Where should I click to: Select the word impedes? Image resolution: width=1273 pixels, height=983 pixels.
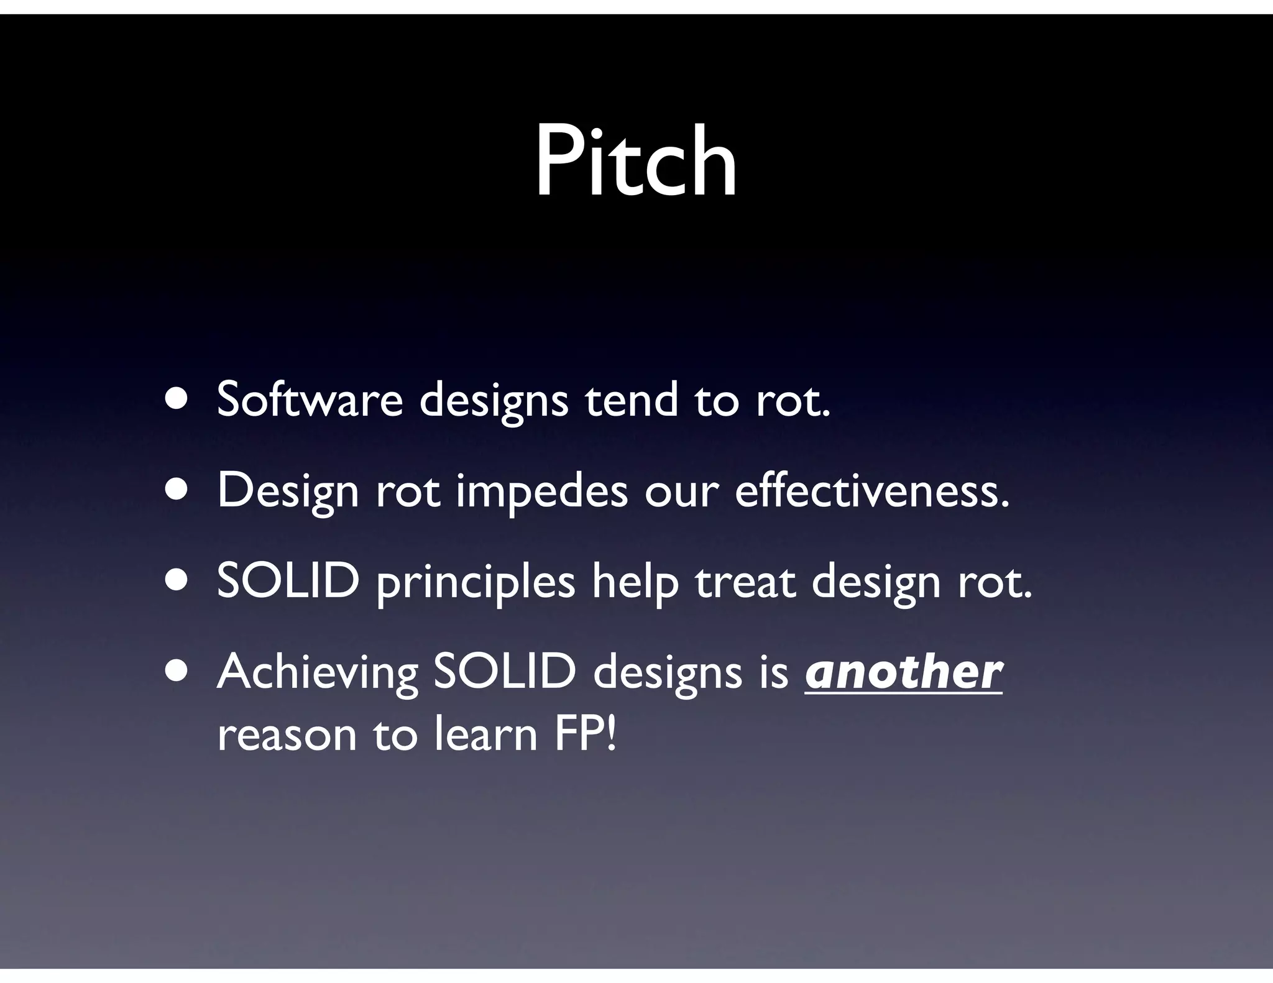(541, 491)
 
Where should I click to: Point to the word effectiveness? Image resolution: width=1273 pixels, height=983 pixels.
(871, 490)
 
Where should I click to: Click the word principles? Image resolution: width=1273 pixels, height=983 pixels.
(475, 583)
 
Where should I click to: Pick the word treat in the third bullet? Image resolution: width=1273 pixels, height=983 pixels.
(745, 582)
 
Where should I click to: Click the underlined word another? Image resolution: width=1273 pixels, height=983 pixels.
(903, 672)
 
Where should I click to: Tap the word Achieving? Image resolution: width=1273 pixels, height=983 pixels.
(317, 674)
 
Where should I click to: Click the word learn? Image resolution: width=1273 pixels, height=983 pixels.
(485, 734)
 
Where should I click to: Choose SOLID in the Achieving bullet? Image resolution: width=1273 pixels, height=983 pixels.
(504, 672)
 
